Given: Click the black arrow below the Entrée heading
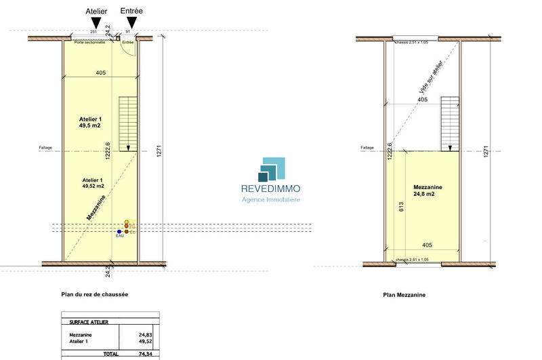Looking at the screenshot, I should [131, 24].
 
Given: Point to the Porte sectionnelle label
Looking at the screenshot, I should [89, 43].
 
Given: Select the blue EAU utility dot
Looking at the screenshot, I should [119, 231].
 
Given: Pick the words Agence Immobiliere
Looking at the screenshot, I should [271, 199].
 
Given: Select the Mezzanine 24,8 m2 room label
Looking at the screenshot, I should [428, 191].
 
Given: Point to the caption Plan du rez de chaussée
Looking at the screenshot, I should [94, 294].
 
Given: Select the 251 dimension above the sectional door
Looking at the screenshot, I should [93, 32].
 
